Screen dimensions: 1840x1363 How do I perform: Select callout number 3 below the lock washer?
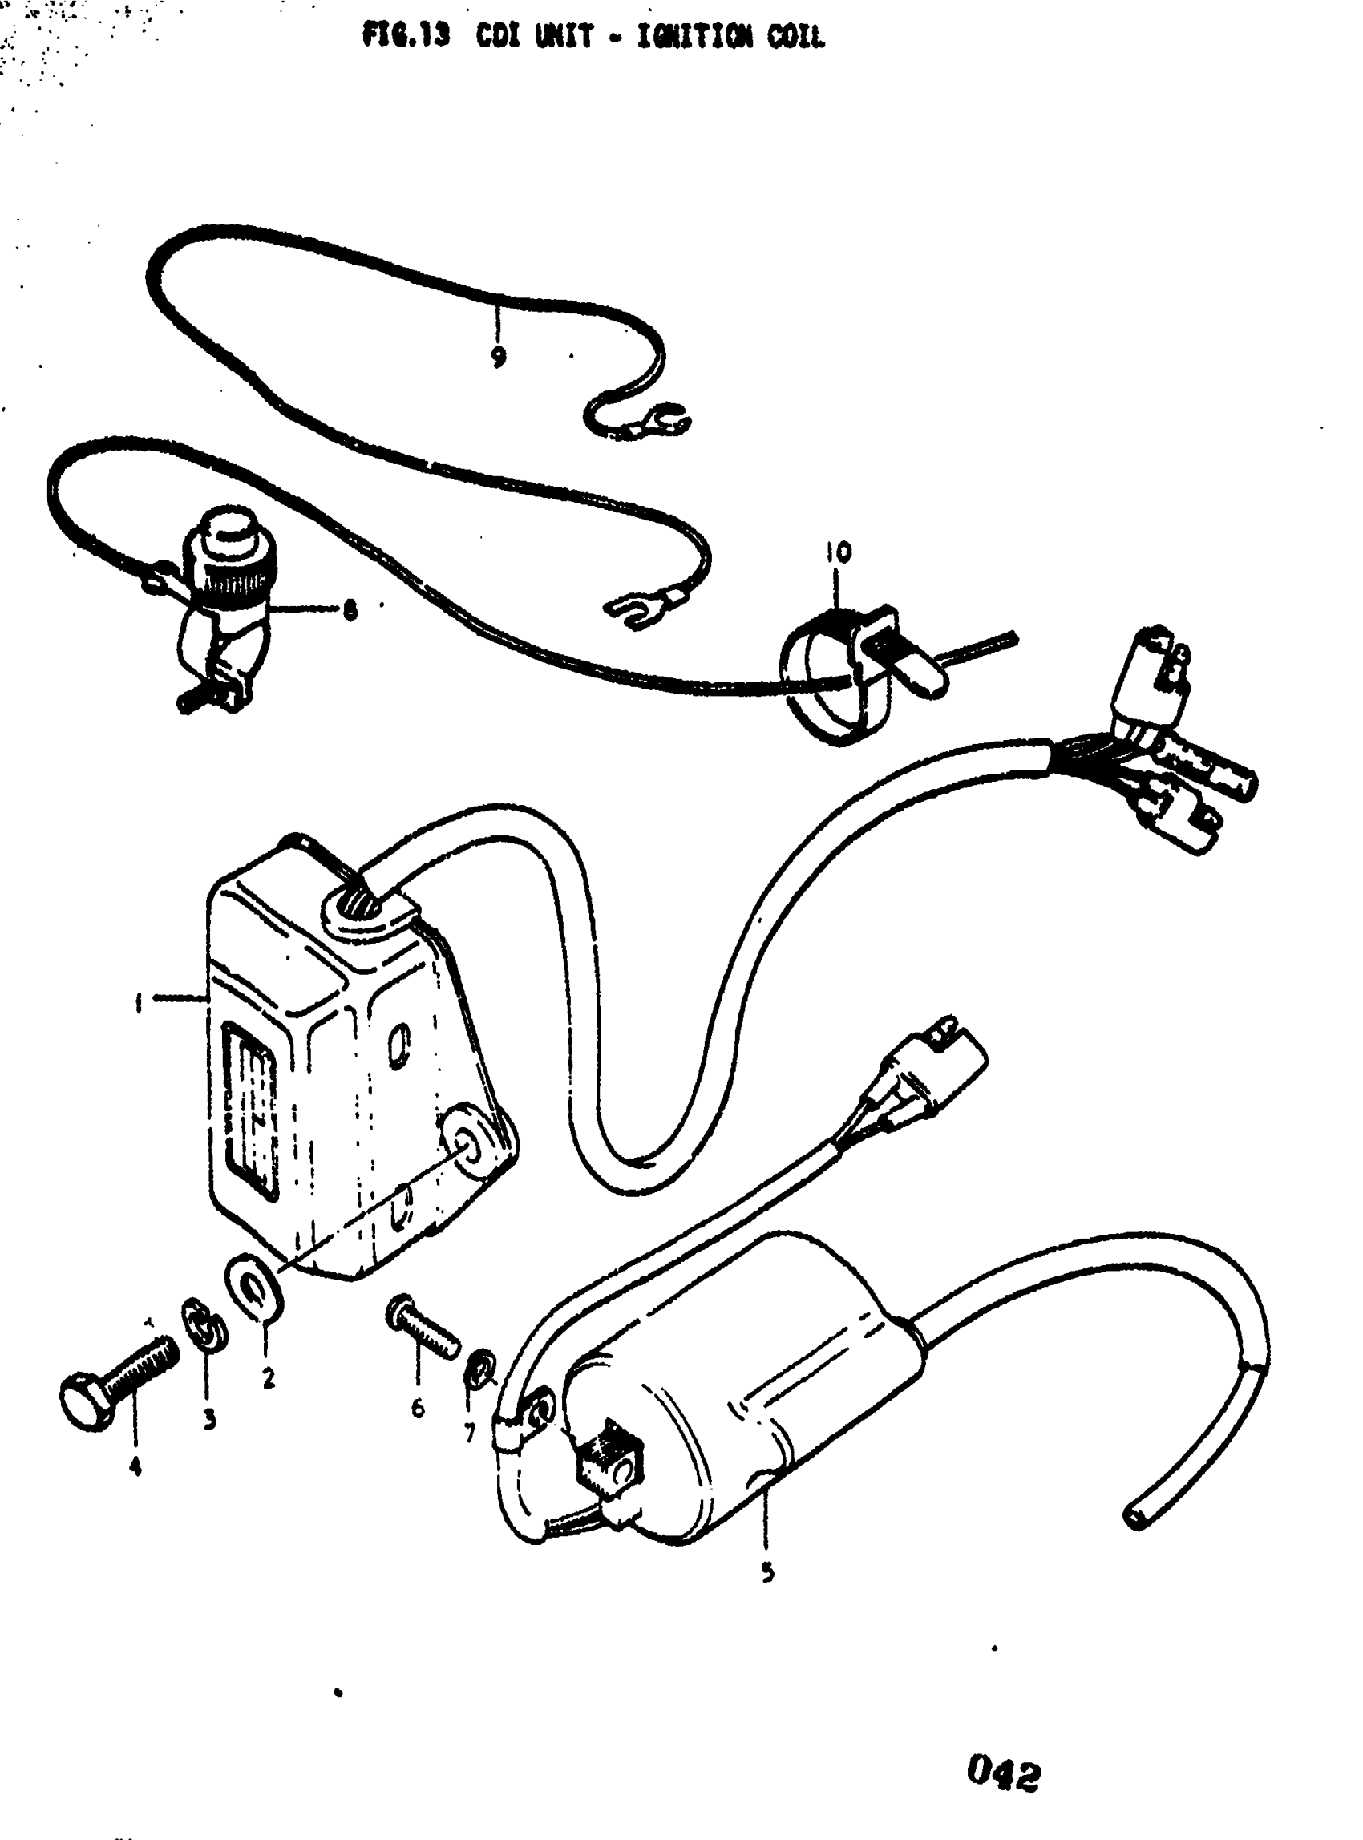(x=209, y=1419)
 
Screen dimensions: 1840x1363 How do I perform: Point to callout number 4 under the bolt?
(x=135, y=1467)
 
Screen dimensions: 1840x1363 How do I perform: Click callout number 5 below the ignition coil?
(x=767, y=1573)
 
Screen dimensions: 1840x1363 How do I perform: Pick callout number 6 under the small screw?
(x=418, y=1408)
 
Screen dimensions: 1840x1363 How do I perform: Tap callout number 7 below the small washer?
(x=470, y=1434)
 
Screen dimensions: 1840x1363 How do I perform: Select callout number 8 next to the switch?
(x=350, y=611)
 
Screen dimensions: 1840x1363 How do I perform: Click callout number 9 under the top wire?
(x=498, y=357)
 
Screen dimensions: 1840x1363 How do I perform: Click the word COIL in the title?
(x=795, y=37)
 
